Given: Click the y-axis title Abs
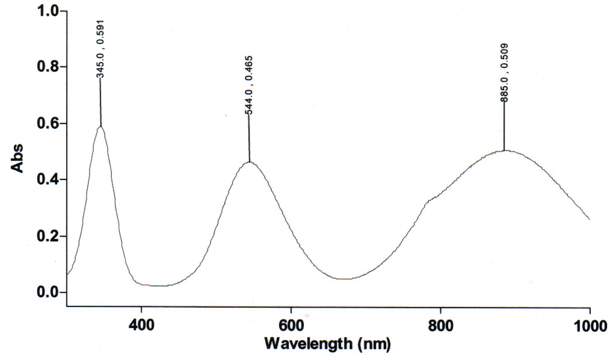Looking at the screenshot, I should click(18, 158).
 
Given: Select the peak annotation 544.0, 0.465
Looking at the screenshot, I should click(248, 84).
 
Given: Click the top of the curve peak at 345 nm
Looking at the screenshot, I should click(100, 126).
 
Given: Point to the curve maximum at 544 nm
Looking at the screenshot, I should click(249, 161).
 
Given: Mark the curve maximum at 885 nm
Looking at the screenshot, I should click(504, 151).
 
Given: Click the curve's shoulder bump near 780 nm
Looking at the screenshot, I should click(428, 200).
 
